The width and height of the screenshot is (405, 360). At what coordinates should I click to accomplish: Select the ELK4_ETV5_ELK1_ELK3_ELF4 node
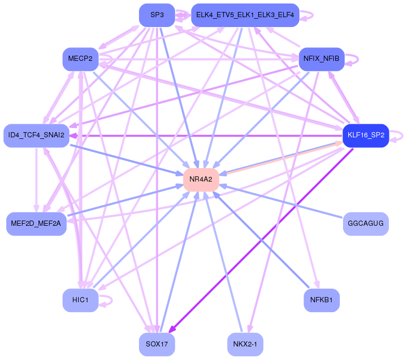point(245,15)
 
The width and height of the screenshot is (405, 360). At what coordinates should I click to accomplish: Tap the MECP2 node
point(80,59)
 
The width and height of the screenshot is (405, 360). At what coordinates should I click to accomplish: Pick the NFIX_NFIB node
point(321,59)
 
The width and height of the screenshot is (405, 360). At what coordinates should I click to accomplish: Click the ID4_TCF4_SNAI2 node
point(36,135)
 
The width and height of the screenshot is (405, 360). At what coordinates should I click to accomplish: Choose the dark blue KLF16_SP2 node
point(365,135)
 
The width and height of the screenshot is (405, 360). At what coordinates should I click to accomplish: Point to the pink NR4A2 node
point(201,179)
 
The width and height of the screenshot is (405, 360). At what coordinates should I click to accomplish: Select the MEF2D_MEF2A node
point(36,224)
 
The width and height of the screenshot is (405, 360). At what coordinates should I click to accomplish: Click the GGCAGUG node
point(365,224)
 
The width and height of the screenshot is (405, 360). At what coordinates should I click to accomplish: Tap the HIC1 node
point(81,300)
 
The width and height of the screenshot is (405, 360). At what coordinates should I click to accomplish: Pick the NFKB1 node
point(321,300)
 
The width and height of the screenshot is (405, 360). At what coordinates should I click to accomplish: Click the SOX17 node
point(157,344)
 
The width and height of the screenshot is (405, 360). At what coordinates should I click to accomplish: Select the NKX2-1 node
point(245,344)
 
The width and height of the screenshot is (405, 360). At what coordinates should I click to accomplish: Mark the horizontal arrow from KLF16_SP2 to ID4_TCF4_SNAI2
point(208,135)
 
